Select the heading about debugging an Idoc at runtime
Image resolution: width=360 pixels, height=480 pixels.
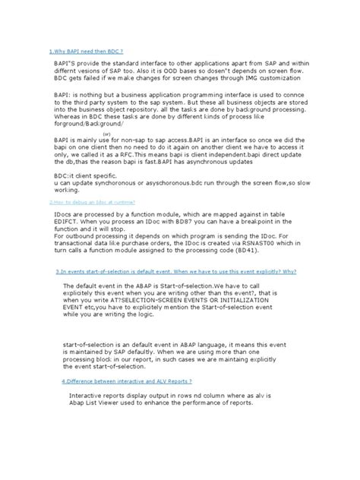(81, 203)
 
